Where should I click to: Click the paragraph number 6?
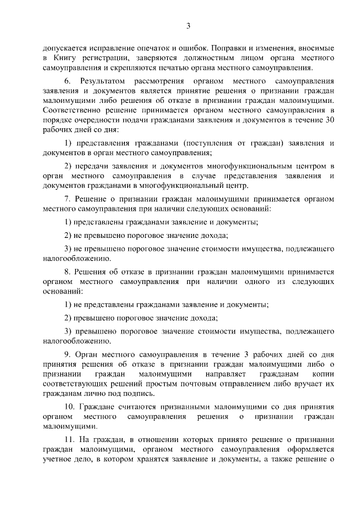point(67,82)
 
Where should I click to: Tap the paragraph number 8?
point(67,271)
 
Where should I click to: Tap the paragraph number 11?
point(69,442)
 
